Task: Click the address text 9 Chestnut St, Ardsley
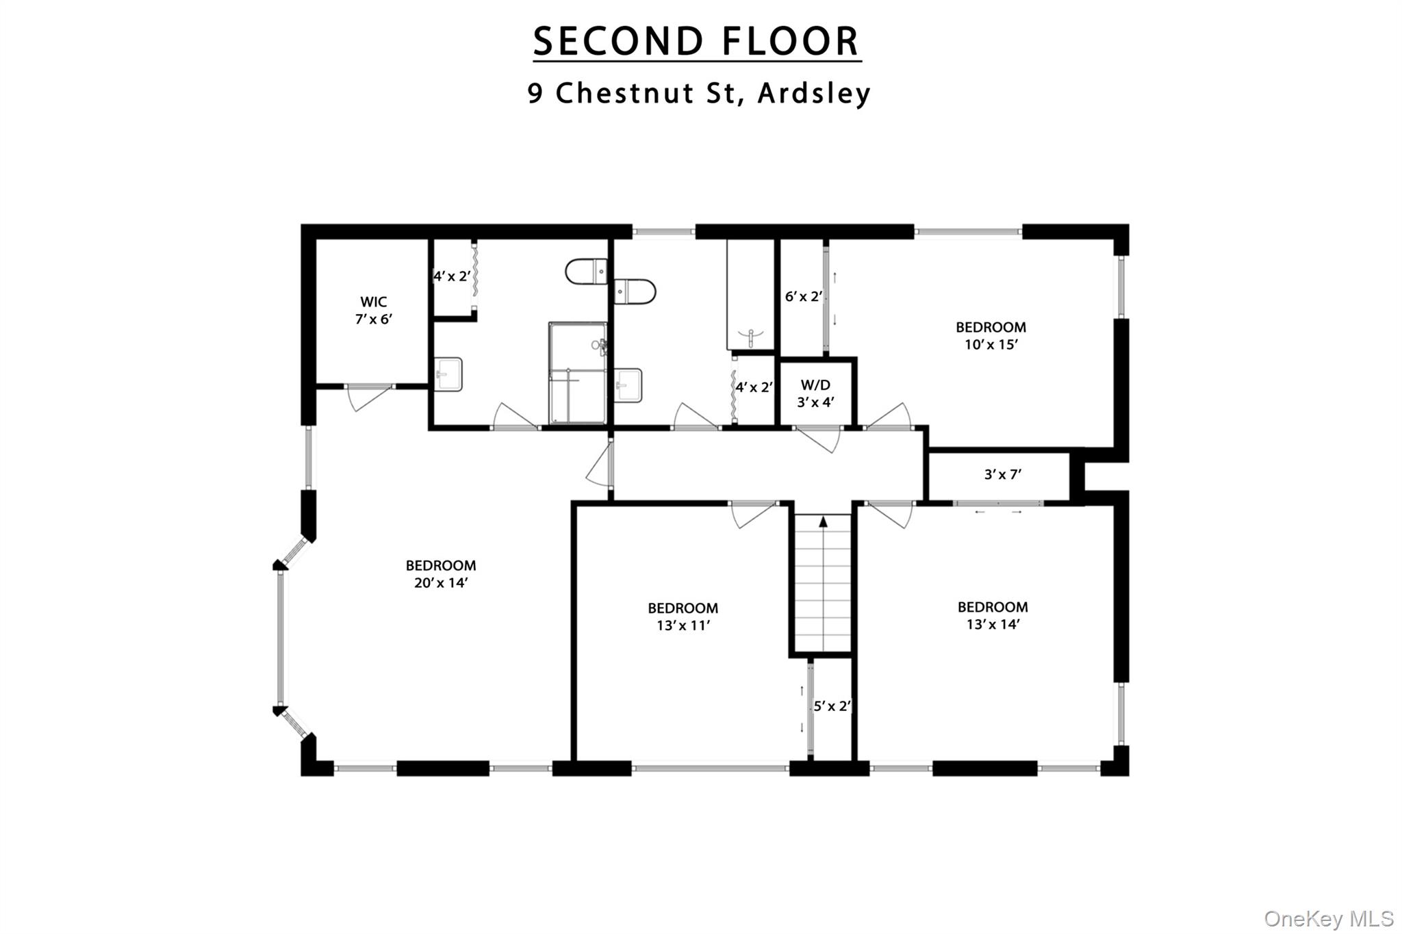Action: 698,93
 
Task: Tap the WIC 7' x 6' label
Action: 373,310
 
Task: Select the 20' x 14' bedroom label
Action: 440,574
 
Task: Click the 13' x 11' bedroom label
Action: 683,617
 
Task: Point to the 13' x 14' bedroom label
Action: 993,615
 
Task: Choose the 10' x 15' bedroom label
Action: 991,335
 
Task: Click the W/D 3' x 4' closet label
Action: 815,393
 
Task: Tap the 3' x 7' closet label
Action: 1003,474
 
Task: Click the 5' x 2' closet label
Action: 832,706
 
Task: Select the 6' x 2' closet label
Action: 803,296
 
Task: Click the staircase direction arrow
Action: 823,522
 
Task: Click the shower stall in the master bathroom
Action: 577,373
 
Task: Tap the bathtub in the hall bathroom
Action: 750,294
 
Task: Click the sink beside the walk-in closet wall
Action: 449,374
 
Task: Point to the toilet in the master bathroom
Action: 587,272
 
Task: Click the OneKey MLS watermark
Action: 1329,918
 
